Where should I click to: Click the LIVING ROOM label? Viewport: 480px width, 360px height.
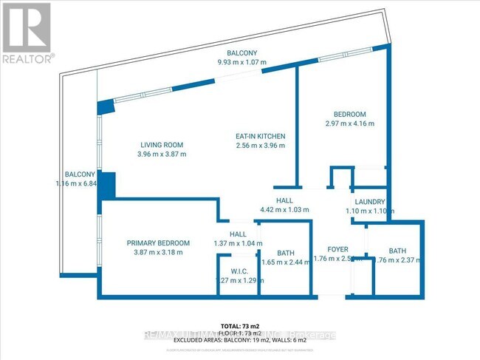coord(162,144)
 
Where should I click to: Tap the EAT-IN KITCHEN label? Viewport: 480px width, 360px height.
coord(260,137)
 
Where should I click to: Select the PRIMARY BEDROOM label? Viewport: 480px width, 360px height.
coord(158,242)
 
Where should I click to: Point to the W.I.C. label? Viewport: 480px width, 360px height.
coord(238,271)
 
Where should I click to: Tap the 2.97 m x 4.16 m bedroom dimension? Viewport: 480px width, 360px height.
coord(349,123)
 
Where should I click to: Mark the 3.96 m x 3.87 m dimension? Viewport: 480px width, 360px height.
coord(162,154)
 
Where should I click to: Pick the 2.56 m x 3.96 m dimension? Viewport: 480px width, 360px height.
coord(260,146)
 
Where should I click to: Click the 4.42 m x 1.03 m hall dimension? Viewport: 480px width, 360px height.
coord(285,210)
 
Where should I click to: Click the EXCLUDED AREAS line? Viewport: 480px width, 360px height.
coord(240,336)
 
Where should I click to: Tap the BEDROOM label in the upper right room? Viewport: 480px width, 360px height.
coord(349,114)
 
